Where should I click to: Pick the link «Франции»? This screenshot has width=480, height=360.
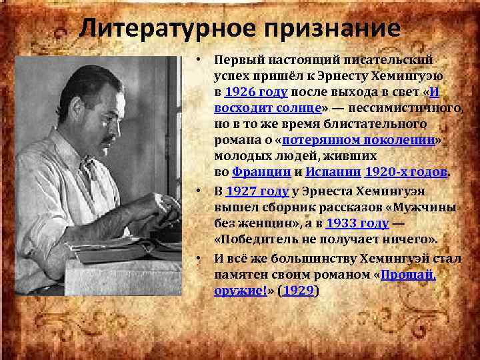[x=261, y=172]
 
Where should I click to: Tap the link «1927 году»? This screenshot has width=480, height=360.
[x=257, y=192]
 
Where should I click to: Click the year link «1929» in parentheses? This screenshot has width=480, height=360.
[x=299, y=291]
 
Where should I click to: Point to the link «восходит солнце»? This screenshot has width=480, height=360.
[x=267, y=109]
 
